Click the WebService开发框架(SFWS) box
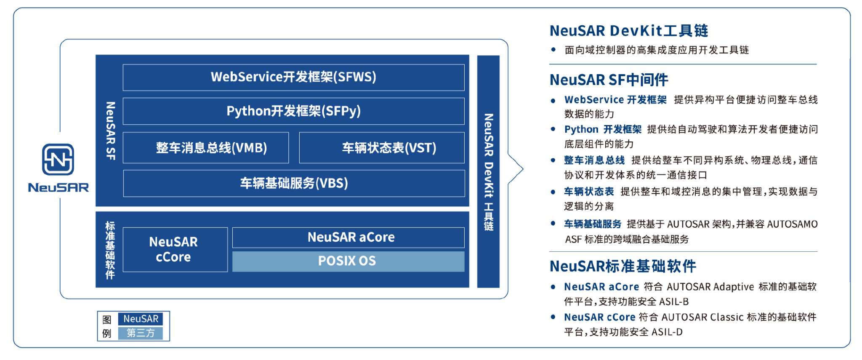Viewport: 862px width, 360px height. point(293,77)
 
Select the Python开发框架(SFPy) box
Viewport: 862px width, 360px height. point(293,112)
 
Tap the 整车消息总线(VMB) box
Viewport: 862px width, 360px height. point(206,148)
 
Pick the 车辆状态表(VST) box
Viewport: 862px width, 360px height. point(382,148)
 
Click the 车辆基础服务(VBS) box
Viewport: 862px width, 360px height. point(294,183)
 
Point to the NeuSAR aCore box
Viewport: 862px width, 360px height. point(348,237)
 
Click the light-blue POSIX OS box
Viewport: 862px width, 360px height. point(348,261)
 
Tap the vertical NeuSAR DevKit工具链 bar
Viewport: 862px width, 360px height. point(488,171)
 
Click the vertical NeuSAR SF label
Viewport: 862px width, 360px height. point(110,131)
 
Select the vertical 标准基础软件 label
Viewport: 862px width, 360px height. point(110,250)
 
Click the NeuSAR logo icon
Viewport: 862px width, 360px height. point(58,160)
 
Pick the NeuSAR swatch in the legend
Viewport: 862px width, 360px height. point(141,319)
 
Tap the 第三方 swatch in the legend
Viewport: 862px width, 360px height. point(141,333)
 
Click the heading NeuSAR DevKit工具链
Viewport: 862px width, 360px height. point(629,31)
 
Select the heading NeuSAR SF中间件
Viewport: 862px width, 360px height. point(609,80)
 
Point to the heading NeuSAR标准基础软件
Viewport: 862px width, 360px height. point(623,266)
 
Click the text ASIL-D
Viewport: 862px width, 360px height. point(667,332)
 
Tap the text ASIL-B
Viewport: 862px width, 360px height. point(673,302)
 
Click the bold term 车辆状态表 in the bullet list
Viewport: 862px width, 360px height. point(589,192)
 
